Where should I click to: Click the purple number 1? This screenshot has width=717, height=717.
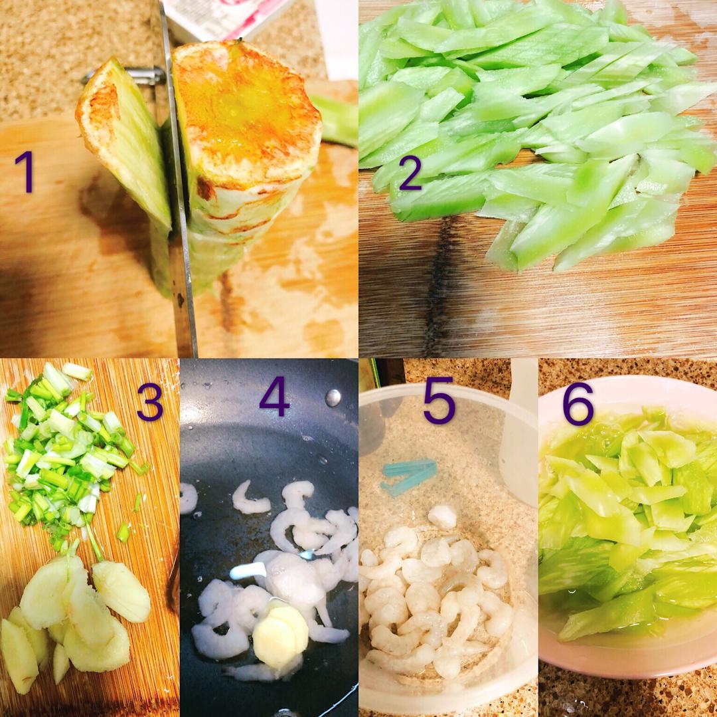(25, 171)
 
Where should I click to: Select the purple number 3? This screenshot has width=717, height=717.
(149, 402)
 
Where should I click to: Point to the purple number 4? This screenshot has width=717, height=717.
(274, 397)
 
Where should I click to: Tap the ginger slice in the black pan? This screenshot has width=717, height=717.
(280, 634)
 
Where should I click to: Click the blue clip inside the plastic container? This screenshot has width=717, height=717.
(408, 476)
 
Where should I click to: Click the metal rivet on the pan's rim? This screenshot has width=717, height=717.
(333, 397)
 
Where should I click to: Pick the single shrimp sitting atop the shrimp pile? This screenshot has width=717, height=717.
(441, 517)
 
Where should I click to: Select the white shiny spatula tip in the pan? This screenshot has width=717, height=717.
(249, 571)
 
